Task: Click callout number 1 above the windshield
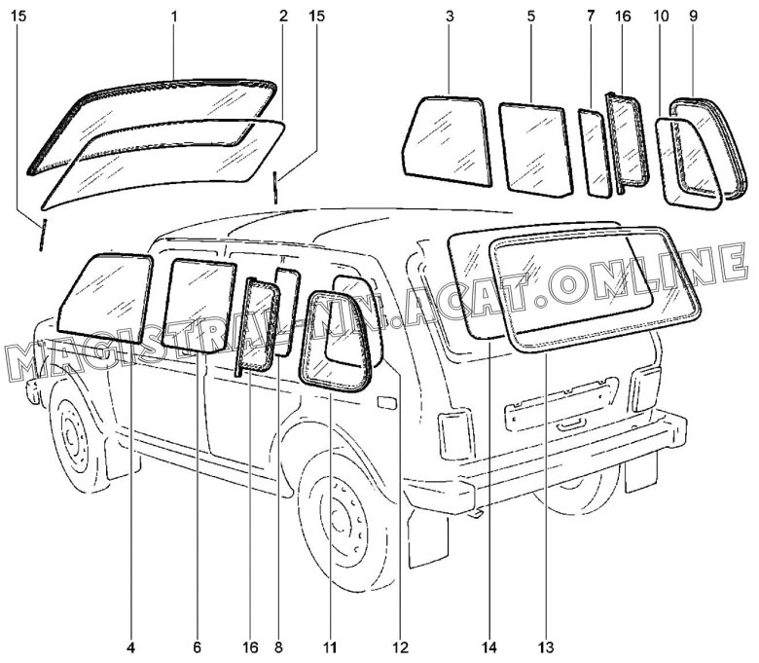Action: pyautogui.click(x=174, y=17)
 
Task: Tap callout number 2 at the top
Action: pyautogui.click(x=283, y=17)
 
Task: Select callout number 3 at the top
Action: pyautogui.click(x=450, y=17)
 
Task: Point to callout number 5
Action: pyautogui.click(x=531, y=17)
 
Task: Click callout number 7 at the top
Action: pyautogui.click(x=591, y=17)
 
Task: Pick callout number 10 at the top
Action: pyautogui.click(x=661, y=17)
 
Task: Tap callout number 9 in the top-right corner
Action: pyautogui.click(x=694, y=17)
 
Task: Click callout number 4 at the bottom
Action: pyautogui.click(x=131, y=647)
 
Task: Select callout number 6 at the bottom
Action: pyautogui.click(x=197, y=647)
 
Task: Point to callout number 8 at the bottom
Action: pyautogui.click(x=278, y=647)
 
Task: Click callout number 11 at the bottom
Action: pyautogui.click(x=331, y=647)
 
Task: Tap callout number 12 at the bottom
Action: pyautogui.click(x=401, y=647)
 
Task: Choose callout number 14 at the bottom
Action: pyautogui.click(x=488, y=647)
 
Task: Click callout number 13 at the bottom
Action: pyautogui.click(x=546, y=647)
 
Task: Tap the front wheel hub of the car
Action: pyautogui.click(x=73, y=433)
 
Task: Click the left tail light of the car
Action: pyautogui.click(x=455, y=436)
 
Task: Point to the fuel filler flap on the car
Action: pyautogui.click(x=387, y=402)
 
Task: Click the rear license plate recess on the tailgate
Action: pyautogui.click(x=561, y=403)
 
